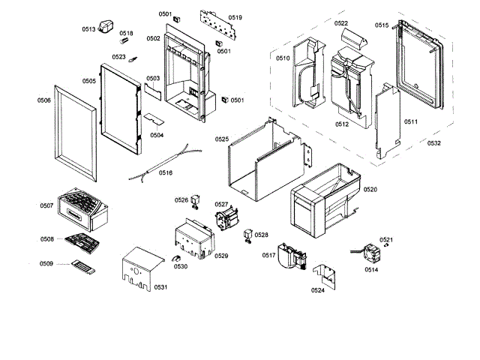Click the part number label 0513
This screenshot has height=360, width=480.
point(88,29)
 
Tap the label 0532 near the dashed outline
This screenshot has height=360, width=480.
point(433,142)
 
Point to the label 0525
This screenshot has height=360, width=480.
point(222,139)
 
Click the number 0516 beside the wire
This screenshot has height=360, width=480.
point(166,172)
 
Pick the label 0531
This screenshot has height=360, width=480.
point(160,287)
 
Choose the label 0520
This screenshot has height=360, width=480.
point(370,190)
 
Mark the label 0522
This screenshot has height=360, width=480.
point(341,24)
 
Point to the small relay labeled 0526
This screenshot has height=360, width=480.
point(196,200)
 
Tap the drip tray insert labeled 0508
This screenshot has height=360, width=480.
point(82,242)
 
